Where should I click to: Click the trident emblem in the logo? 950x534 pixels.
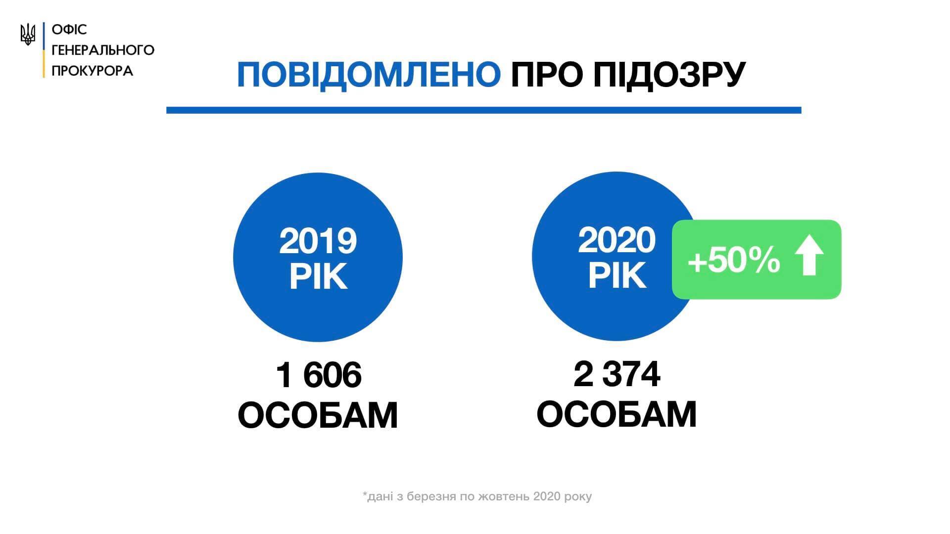click(x=28, y=35)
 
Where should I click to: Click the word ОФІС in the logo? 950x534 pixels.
click(x=69, y=30)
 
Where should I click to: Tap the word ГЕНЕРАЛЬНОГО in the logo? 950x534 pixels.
click(x=103, y=50)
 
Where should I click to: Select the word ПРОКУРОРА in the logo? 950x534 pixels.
click(x=93, y=71)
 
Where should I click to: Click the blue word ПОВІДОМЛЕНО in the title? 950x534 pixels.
click(x=369, y=75)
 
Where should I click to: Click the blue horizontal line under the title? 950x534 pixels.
click(x=483, y=110)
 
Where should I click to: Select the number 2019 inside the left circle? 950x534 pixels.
click(x=318, y=241)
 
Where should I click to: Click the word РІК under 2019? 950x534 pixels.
click(x=318, y=277)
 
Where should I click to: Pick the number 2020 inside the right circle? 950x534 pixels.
click(x=617, y=240)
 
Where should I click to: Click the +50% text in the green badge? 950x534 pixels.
click(x=734, y=261)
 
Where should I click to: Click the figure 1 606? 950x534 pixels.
click(x=319, y=375)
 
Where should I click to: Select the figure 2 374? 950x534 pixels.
click(x=617, y=374)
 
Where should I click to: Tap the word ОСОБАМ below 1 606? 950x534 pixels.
click(x=318, y=415)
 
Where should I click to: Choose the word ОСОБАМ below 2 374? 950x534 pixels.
click(x=617, y=414)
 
